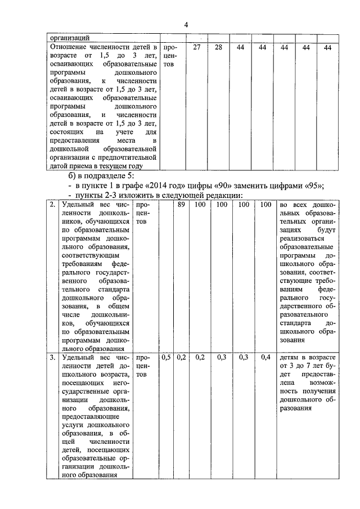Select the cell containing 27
(x=197, y=48)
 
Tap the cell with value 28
(x=218, y=48)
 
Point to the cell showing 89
(x=181, y=205)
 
